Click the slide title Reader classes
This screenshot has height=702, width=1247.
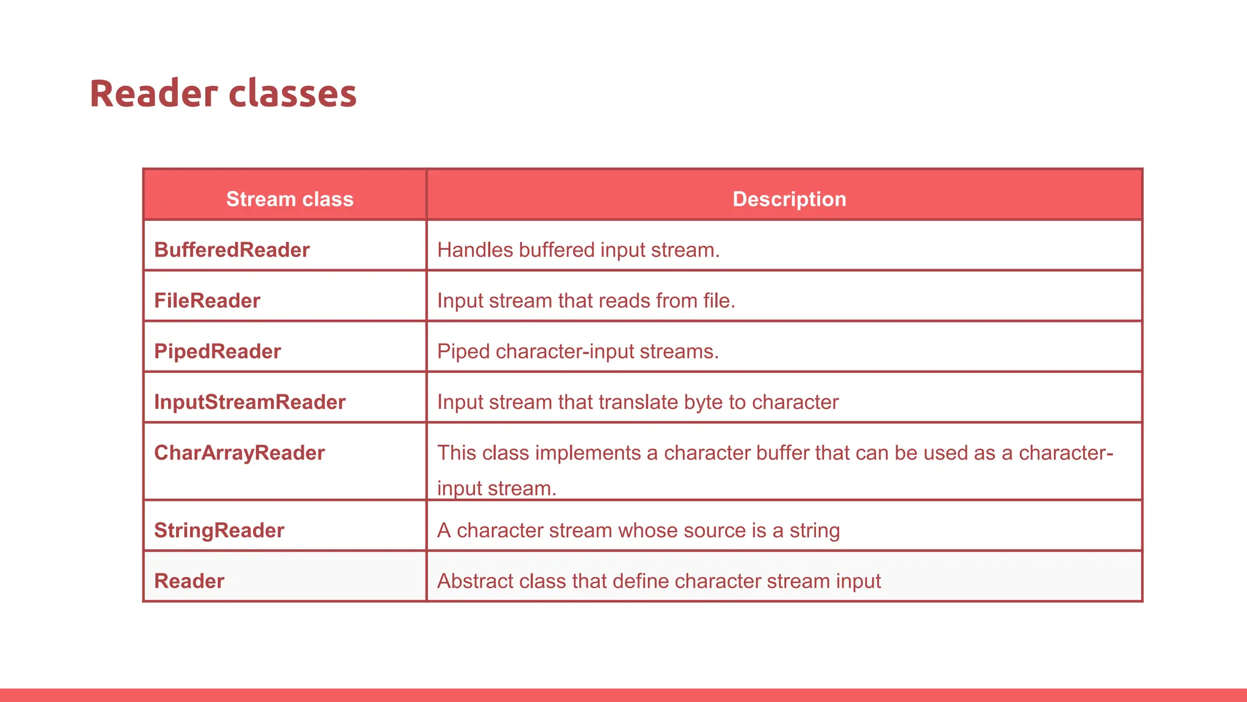point(223,94)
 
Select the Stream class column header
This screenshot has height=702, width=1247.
point(290,199)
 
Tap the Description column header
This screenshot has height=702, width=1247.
point(789,199)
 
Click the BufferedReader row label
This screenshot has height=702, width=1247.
point(231,250)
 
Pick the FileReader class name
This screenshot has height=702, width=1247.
point(207,300)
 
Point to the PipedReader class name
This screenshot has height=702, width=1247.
point(217,351)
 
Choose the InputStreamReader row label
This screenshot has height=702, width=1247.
point(250,402)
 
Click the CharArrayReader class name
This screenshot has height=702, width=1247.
point(239,453)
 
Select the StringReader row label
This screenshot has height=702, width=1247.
point(219,530)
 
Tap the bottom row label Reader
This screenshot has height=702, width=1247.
point(189,581)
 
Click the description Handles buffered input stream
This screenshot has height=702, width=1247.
point(578,250)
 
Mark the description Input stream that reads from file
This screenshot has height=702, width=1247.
point(586,300)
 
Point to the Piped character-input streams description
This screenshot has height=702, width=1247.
point(578,352)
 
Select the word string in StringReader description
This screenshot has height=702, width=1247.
point(815,531)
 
